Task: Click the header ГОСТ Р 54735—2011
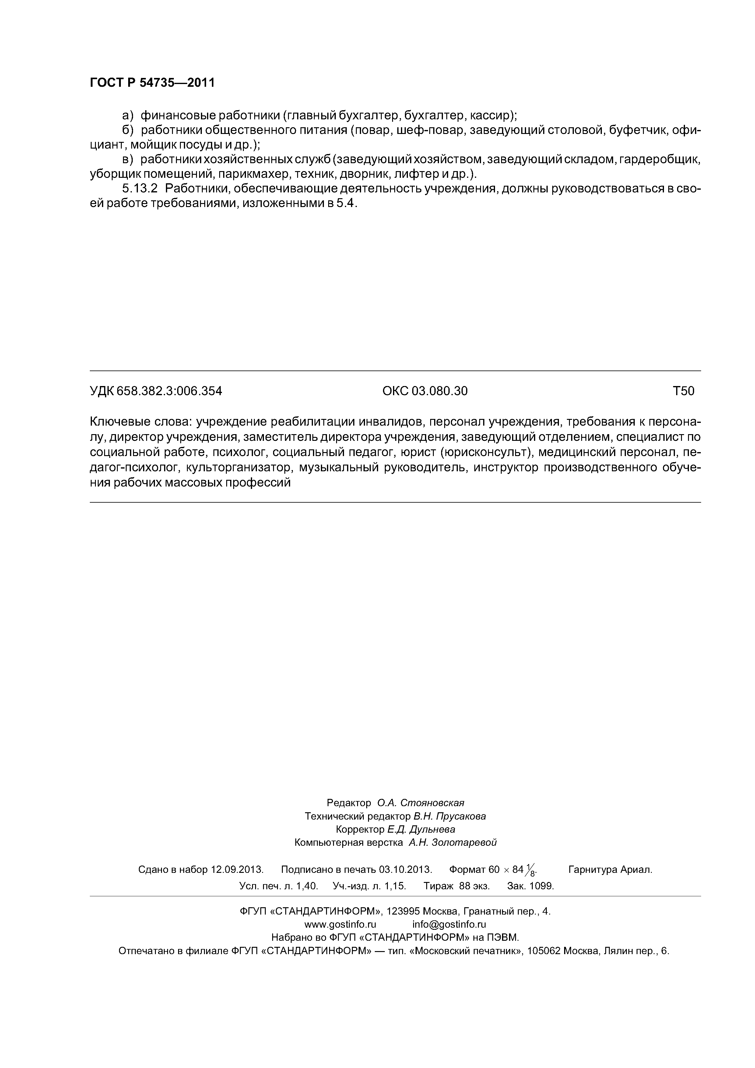(152, 83)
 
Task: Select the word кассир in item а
(491, 115)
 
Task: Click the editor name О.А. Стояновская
(420, 803)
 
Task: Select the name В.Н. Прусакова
(449, 816)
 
